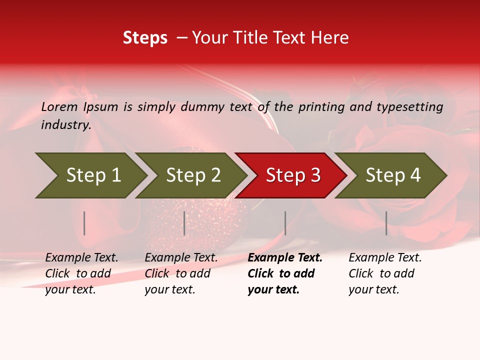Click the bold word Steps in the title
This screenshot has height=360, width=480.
(145, 38)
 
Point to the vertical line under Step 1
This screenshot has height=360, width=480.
(84, 223)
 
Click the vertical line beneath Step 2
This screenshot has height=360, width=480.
(184, 223)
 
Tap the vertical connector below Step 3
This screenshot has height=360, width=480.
(285, 223)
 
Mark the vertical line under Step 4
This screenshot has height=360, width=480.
(386, 223)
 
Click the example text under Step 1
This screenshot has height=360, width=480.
(81, 273)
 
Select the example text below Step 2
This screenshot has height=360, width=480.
(181, 273)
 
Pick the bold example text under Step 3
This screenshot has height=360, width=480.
(284, 273)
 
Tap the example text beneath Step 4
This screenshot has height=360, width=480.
(385, 273)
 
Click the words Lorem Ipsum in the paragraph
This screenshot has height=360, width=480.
(79, 107)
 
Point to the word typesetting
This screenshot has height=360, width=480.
(409, 107)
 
